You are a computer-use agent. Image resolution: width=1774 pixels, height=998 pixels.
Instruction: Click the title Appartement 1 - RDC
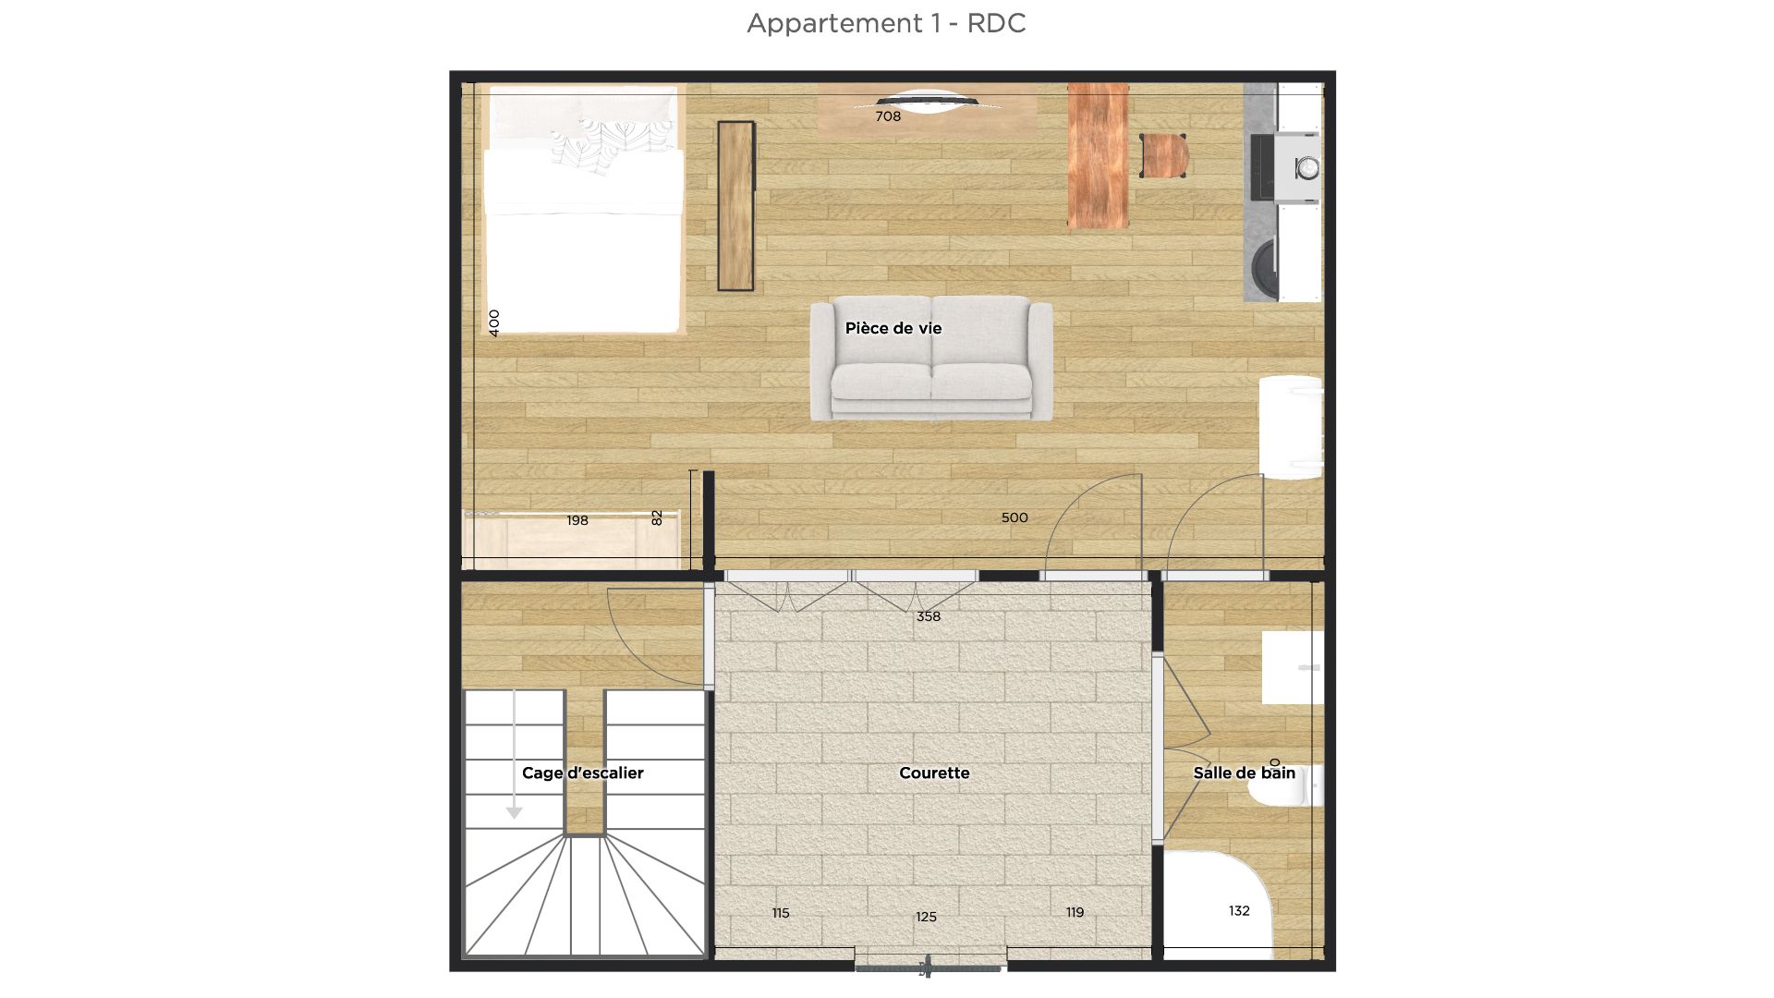pyautogui.click(x=886, y=23)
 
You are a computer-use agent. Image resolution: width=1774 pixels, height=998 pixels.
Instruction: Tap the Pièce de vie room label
pyautogui.click(x=893, y=328)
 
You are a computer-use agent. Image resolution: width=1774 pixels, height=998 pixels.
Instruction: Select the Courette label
pyautogui.click(x=934, y=773)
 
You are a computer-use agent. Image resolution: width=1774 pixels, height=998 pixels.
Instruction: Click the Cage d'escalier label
pyautogui.click(x=582, y=773)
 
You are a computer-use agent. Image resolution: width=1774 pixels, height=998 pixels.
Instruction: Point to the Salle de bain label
pyautogui.click(x=1244, y=773)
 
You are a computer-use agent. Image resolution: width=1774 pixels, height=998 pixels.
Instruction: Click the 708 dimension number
pyautogui.click(x=888, y=116)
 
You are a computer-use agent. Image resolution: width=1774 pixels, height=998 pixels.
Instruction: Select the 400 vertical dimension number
pyautogui.click(x=494, y=323)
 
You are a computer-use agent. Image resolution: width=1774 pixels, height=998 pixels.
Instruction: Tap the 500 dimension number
pyautogui.click(x=1015, y=517)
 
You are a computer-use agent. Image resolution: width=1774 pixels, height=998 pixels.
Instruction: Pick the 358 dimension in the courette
pyautogui.click(x=929, y=616)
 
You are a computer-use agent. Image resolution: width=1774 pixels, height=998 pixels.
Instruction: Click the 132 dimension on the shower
pyautogui.click(x=1239, y=911)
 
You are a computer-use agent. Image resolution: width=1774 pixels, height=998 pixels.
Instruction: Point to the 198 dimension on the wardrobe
pyautogui.click(x=577, y=520)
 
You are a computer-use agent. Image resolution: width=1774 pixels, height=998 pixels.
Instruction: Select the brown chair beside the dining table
pyautogui.click(x=1163, y=155)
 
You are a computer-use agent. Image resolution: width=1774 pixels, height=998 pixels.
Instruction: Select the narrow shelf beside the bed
pyautogui.click(x=735, y=205)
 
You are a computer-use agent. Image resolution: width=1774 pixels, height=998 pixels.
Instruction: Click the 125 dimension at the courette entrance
pyautogui.click(x=926, y=917)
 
